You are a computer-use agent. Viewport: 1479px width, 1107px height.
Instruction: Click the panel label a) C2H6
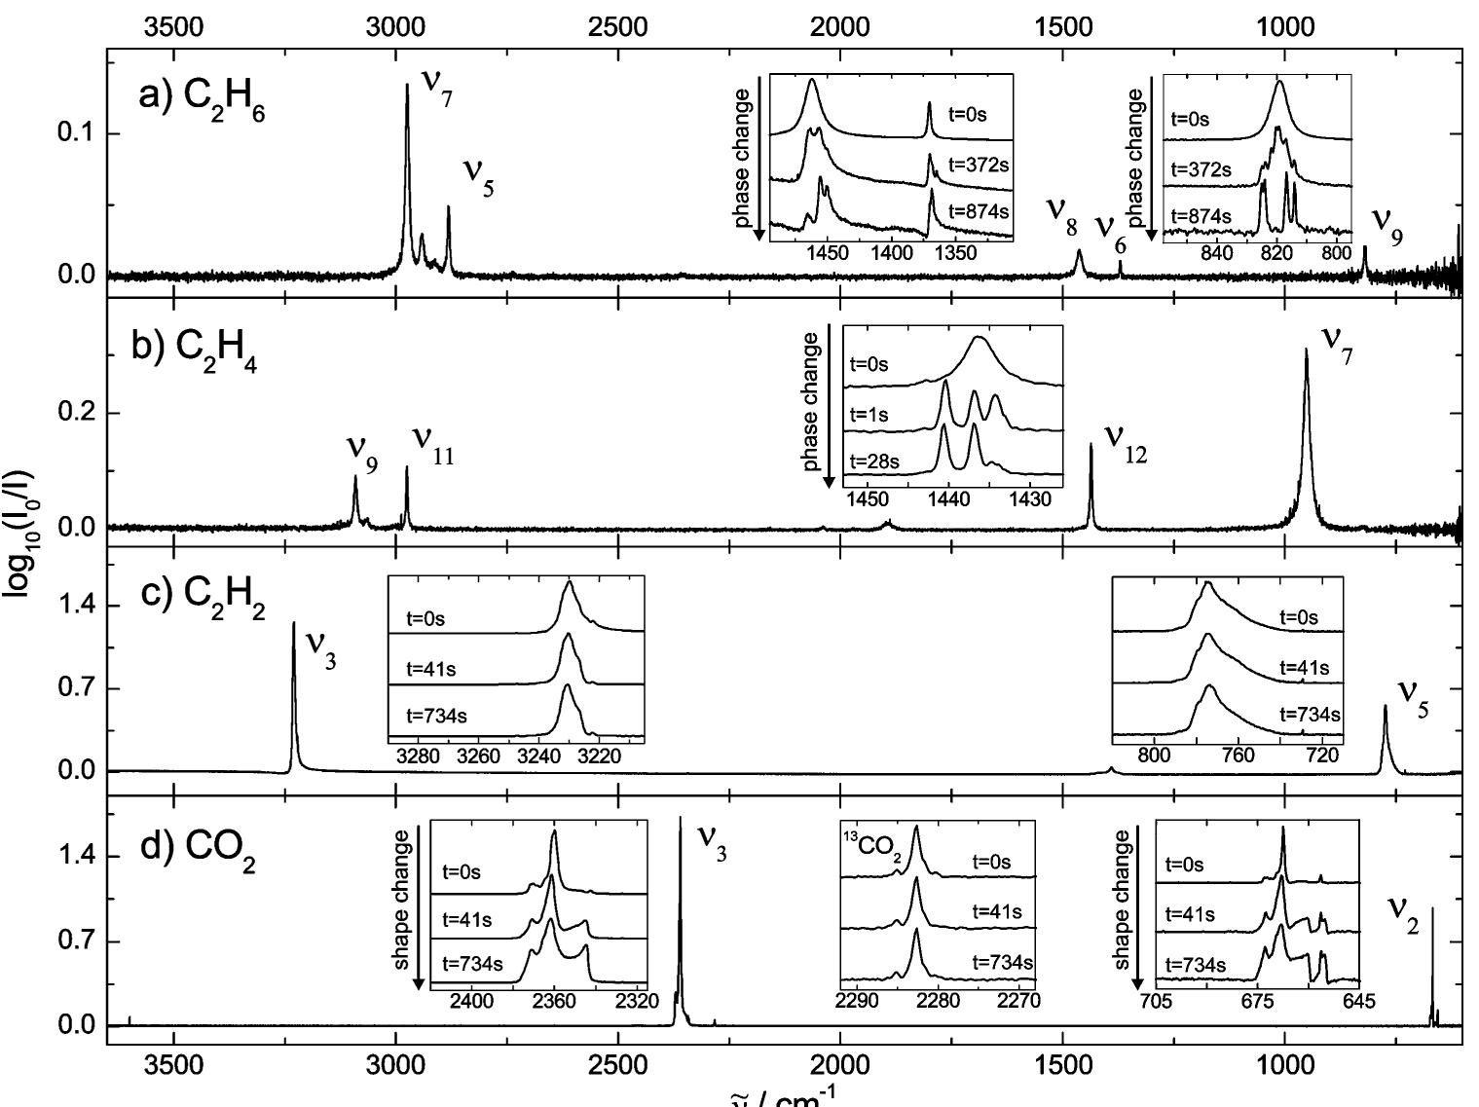(202, 101)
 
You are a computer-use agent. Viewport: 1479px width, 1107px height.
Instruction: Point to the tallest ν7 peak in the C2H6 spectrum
(407, 86)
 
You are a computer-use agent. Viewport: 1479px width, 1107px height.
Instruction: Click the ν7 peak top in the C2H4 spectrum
(1306, 351)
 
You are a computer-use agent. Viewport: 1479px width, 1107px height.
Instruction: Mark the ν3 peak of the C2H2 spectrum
(293, 624)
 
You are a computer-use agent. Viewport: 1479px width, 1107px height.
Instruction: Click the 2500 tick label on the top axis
(618, 26)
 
